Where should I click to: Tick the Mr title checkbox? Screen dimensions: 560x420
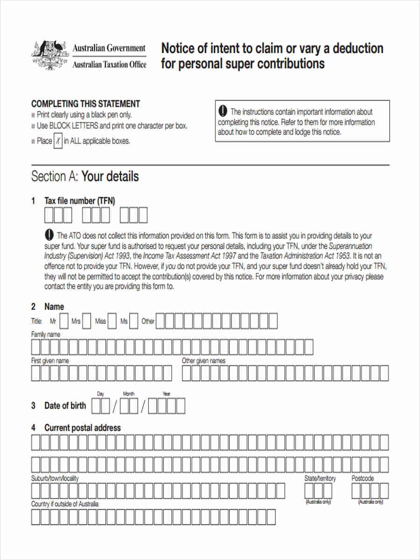coord(64,321)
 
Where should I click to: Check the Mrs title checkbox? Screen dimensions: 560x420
coord(87,321)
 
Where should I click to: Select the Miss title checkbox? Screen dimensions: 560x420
coord(112,321)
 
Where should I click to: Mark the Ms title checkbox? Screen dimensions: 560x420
coord(134,321)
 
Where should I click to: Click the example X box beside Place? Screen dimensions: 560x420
coord(58,141)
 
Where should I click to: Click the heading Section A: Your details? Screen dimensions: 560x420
coord(85,176)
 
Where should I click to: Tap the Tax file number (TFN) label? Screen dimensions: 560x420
coord(79,201)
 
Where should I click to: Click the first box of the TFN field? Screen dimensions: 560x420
coord(49,216)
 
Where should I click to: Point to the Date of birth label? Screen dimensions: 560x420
coord(65,406)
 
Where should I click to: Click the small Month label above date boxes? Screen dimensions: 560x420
coord(128,394)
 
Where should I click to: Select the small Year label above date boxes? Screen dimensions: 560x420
coord(166,394)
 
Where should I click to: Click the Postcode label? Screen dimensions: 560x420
coord(363,478)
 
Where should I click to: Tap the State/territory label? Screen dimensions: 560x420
coord(320,478)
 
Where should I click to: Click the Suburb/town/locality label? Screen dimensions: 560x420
coord(55,478)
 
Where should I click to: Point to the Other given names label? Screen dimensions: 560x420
coord(203,361)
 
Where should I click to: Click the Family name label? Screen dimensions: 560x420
coord(46,335)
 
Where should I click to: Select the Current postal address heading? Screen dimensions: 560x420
coord(82,427)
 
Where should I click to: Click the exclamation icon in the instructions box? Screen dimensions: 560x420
coord(223,111)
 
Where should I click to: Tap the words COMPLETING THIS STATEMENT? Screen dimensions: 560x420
coord(85,104)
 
